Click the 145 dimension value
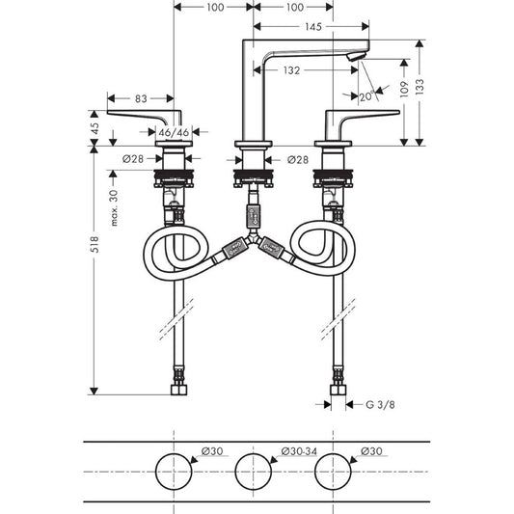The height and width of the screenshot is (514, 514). tap(313, 27)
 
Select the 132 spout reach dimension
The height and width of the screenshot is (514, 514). tap(291, 70)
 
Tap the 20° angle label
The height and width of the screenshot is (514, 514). tap(366, 96)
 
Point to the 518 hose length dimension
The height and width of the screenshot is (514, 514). tap(95, 244)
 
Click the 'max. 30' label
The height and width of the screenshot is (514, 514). tap(114, 208)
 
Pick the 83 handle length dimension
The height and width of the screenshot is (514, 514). tap(141, 98)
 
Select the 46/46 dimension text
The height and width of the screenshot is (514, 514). tap(174, 132)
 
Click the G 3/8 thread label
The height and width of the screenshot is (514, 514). tap(380, 404)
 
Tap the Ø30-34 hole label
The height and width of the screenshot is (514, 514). tap(299, 451)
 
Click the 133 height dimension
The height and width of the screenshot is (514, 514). tap(419, 87)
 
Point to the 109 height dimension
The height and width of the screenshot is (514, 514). tap(404, 89)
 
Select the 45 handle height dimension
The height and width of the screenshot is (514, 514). tap(95, 128)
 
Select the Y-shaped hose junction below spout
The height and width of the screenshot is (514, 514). tap(253, 238)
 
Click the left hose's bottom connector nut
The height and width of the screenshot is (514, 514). tap(179, 390)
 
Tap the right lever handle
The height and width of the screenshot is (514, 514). tap(362, 118)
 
